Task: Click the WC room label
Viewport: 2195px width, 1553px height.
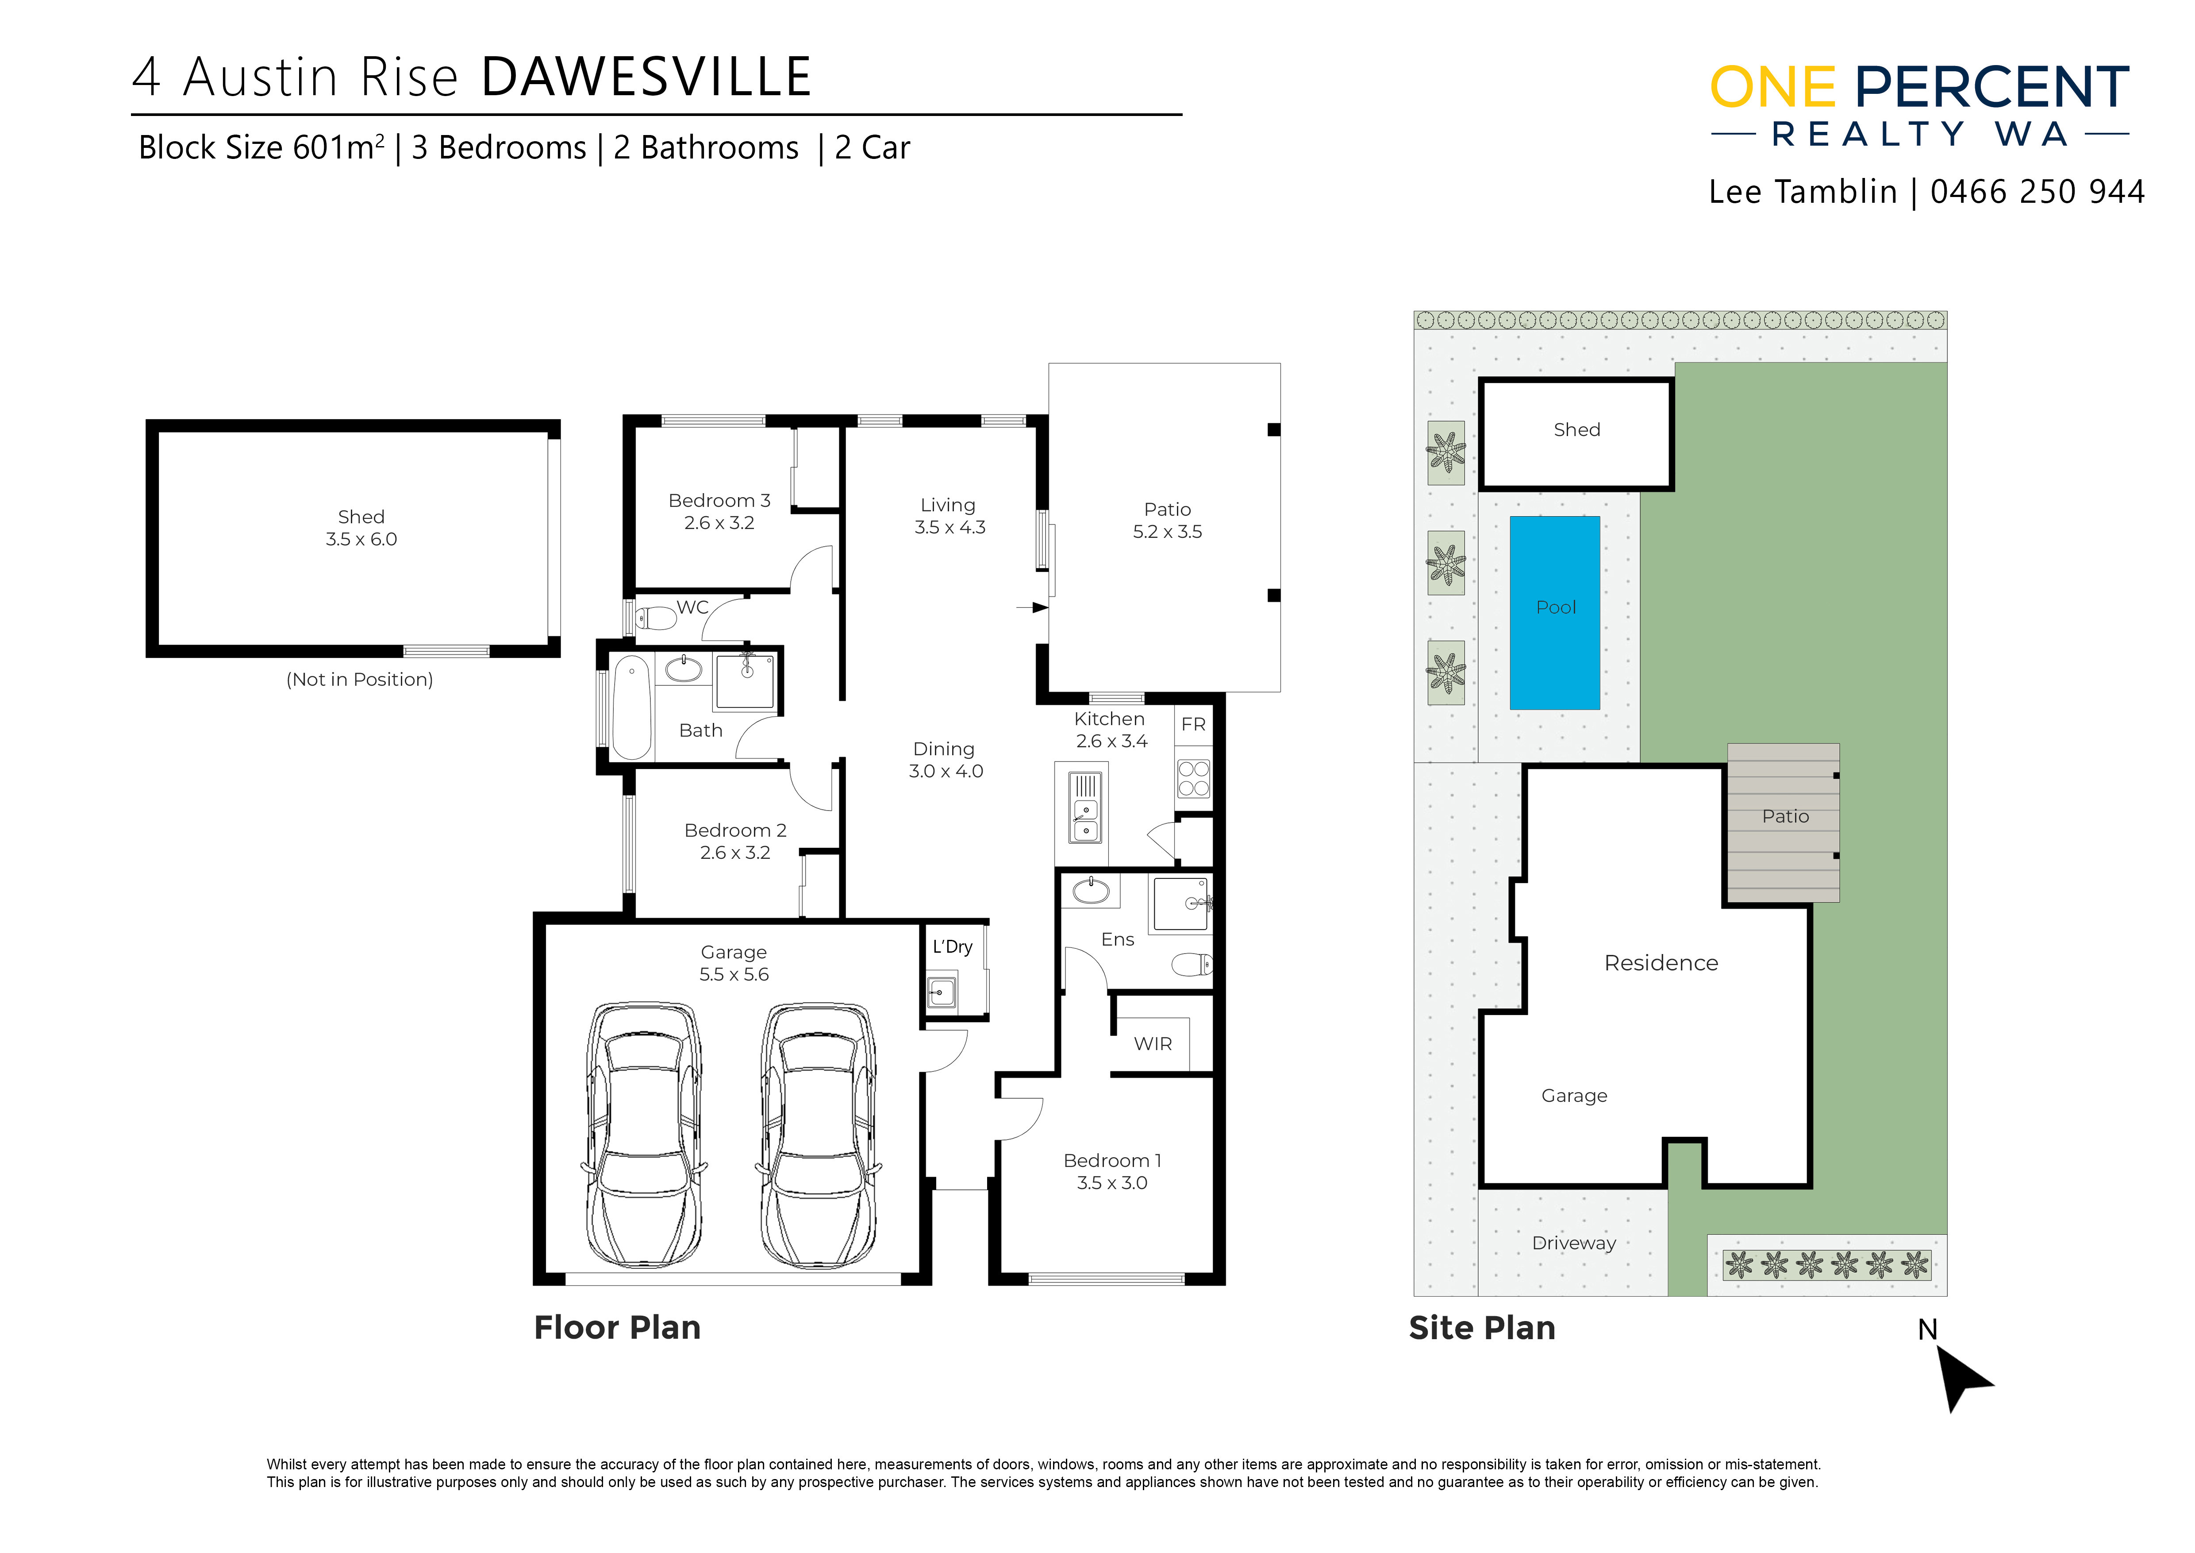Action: point(693,607)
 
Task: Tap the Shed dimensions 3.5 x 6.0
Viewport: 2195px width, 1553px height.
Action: point(361,539)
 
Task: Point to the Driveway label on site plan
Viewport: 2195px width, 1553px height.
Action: point(1574,1243)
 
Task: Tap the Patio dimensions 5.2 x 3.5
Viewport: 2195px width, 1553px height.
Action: point(1167,532)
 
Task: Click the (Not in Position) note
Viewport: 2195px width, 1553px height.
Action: point(359,680)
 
